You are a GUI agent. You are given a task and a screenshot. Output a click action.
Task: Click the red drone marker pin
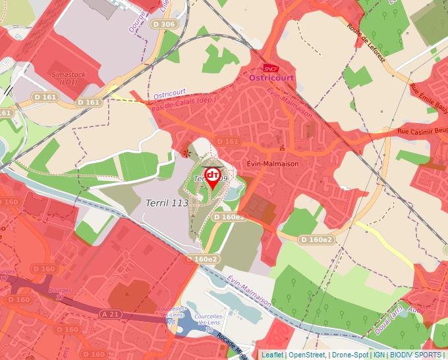pyautogui.click(x=212, y=176)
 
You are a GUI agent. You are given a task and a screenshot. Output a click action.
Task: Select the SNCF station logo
pyautogui.click(x=270, y=68)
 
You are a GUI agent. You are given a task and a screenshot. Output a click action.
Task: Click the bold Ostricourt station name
pyautogui.click(x=271, y=78)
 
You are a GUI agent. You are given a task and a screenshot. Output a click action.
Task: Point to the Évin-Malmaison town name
pyautogui.click(x=272, y=164)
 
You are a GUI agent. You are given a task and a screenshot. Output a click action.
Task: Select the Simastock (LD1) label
pyautogui.click(x=69, y=79)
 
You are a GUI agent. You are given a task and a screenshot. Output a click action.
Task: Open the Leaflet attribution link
pyautogui.click(x=272, y=355)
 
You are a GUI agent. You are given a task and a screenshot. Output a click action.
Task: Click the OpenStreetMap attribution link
pyautogui.click(x=307, y=355)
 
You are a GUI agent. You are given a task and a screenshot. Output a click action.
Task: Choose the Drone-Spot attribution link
pyautogui.click(x=349, y=355)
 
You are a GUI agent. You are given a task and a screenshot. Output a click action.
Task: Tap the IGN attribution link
pyautogui.click(x=379, y=355)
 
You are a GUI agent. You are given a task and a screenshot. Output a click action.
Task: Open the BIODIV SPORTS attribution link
pyautogui.click(x=416, y=355)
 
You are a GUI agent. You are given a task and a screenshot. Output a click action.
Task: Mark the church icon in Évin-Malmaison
pyautogui.click(x=283, y=147)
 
